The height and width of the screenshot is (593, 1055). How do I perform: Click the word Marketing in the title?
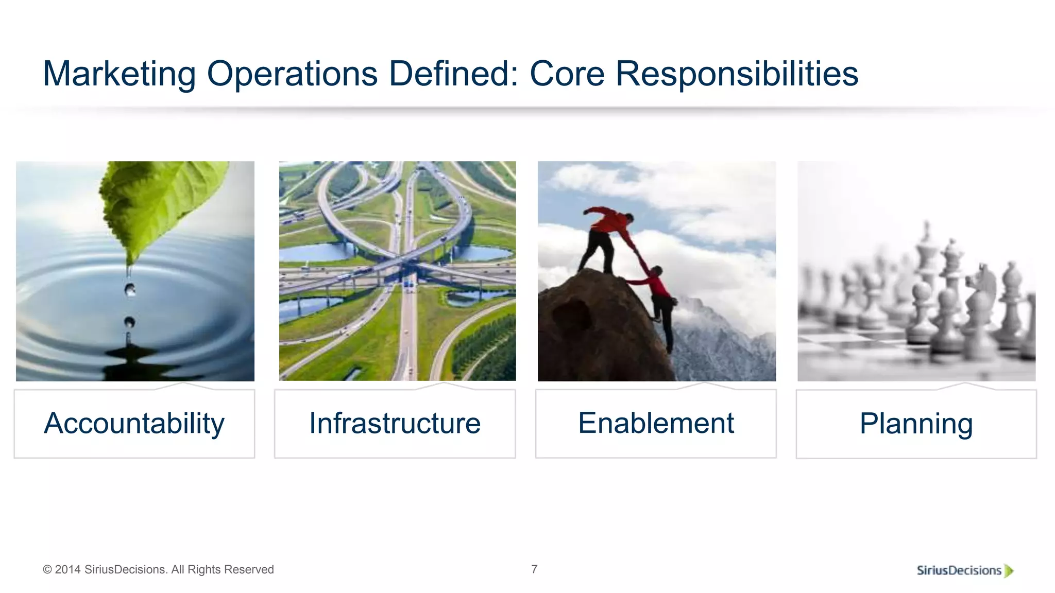coord(119,74)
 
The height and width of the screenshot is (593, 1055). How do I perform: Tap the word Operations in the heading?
coord(292,74)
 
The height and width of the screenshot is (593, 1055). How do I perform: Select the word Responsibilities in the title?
coord(737,74)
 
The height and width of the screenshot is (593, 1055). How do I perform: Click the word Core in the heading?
coord(567,74)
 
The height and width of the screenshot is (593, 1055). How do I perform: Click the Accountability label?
coord(134,424)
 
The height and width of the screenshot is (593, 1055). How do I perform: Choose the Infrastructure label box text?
coord(395,424)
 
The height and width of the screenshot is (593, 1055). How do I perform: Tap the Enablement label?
coord(656,424)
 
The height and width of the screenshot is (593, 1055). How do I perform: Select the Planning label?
coord(916,424)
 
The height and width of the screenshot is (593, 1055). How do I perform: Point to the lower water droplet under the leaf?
coord(129,322)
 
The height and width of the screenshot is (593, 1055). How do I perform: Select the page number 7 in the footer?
coord(534,569)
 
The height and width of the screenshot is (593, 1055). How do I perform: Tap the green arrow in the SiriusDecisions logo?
coord(1009,570)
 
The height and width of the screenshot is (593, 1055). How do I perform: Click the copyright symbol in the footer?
coord(47,570)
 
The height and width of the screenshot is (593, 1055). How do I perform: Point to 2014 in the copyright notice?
coord(68,570)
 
